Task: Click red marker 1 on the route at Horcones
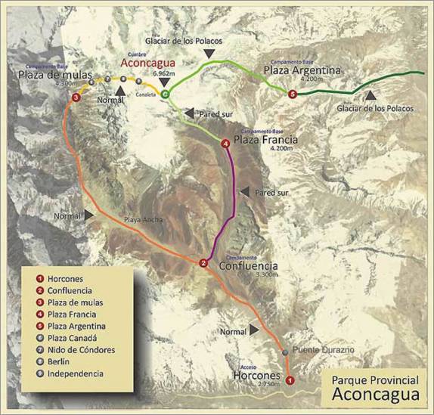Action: click(x=288, y=379)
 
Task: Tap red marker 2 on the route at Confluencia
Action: click(x=203, y=262)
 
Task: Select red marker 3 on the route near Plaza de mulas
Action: click(x=76, y=98)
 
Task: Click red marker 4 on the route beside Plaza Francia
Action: click(x=225, y=144)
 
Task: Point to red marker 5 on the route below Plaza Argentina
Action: click(x=293, y=94)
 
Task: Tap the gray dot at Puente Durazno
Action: click(x=284, y=352)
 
